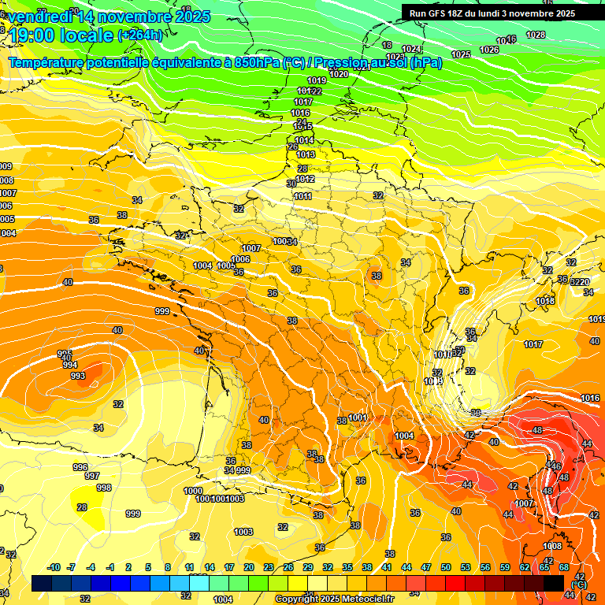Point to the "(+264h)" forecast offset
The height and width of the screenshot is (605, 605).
pos(140,35)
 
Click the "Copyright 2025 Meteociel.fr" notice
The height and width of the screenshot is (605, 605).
pos(334,599)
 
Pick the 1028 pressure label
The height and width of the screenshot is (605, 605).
pos(535,35)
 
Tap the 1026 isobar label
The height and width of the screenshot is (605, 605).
pos(489,50)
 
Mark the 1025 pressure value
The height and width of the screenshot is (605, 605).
pos(461,54)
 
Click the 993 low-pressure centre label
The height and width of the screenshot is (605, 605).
pos(78,376)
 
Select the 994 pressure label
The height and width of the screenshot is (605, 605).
pos(70,365)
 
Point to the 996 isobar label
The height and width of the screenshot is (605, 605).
pos(80,467)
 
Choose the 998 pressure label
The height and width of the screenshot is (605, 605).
pos(104,488)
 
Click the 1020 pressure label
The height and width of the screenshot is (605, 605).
pos(339,74)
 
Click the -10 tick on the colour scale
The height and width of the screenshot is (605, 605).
pos(54,567)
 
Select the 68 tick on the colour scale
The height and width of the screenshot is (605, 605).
pos(564,567)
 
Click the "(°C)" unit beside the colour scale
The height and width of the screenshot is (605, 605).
pos(578,584)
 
